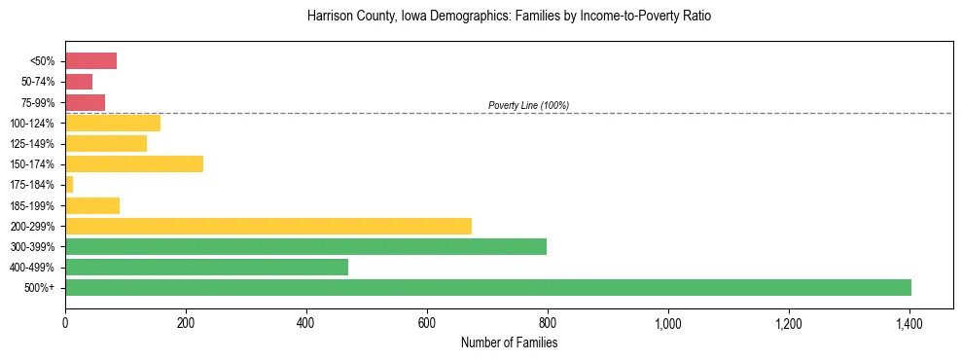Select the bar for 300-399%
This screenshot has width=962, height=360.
point(305,246)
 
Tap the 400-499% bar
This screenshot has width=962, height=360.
point(206,267)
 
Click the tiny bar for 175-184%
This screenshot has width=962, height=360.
point(69,185)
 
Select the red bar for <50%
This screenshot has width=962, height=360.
point(90,61)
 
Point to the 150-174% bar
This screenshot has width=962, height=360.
point(134,164)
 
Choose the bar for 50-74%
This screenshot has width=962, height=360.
point(79,82)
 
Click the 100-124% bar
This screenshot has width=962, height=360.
point(113,123)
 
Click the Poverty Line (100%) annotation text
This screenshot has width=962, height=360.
point(528,105)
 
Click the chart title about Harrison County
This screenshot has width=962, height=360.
point(509,17)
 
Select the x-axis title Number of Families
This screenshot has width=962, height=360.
point(509,342)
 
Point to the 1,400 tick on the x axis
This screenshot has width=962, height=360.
point(909,323)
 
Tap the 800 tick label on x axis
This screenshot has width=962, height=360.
point(548,323)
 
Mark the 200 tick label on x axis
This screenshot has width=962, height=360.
point(186,323)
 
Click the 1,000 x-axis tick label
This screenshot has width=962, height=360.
point(667,323)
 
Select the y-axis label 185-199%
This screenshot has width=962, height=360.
point(35,205)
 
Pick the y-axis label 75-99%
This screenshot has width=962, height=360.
point(39,102)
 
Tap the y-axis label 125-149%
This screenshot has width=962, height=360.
point(35,144)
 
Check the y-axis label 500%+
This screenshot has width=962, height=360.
point(41,288)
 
